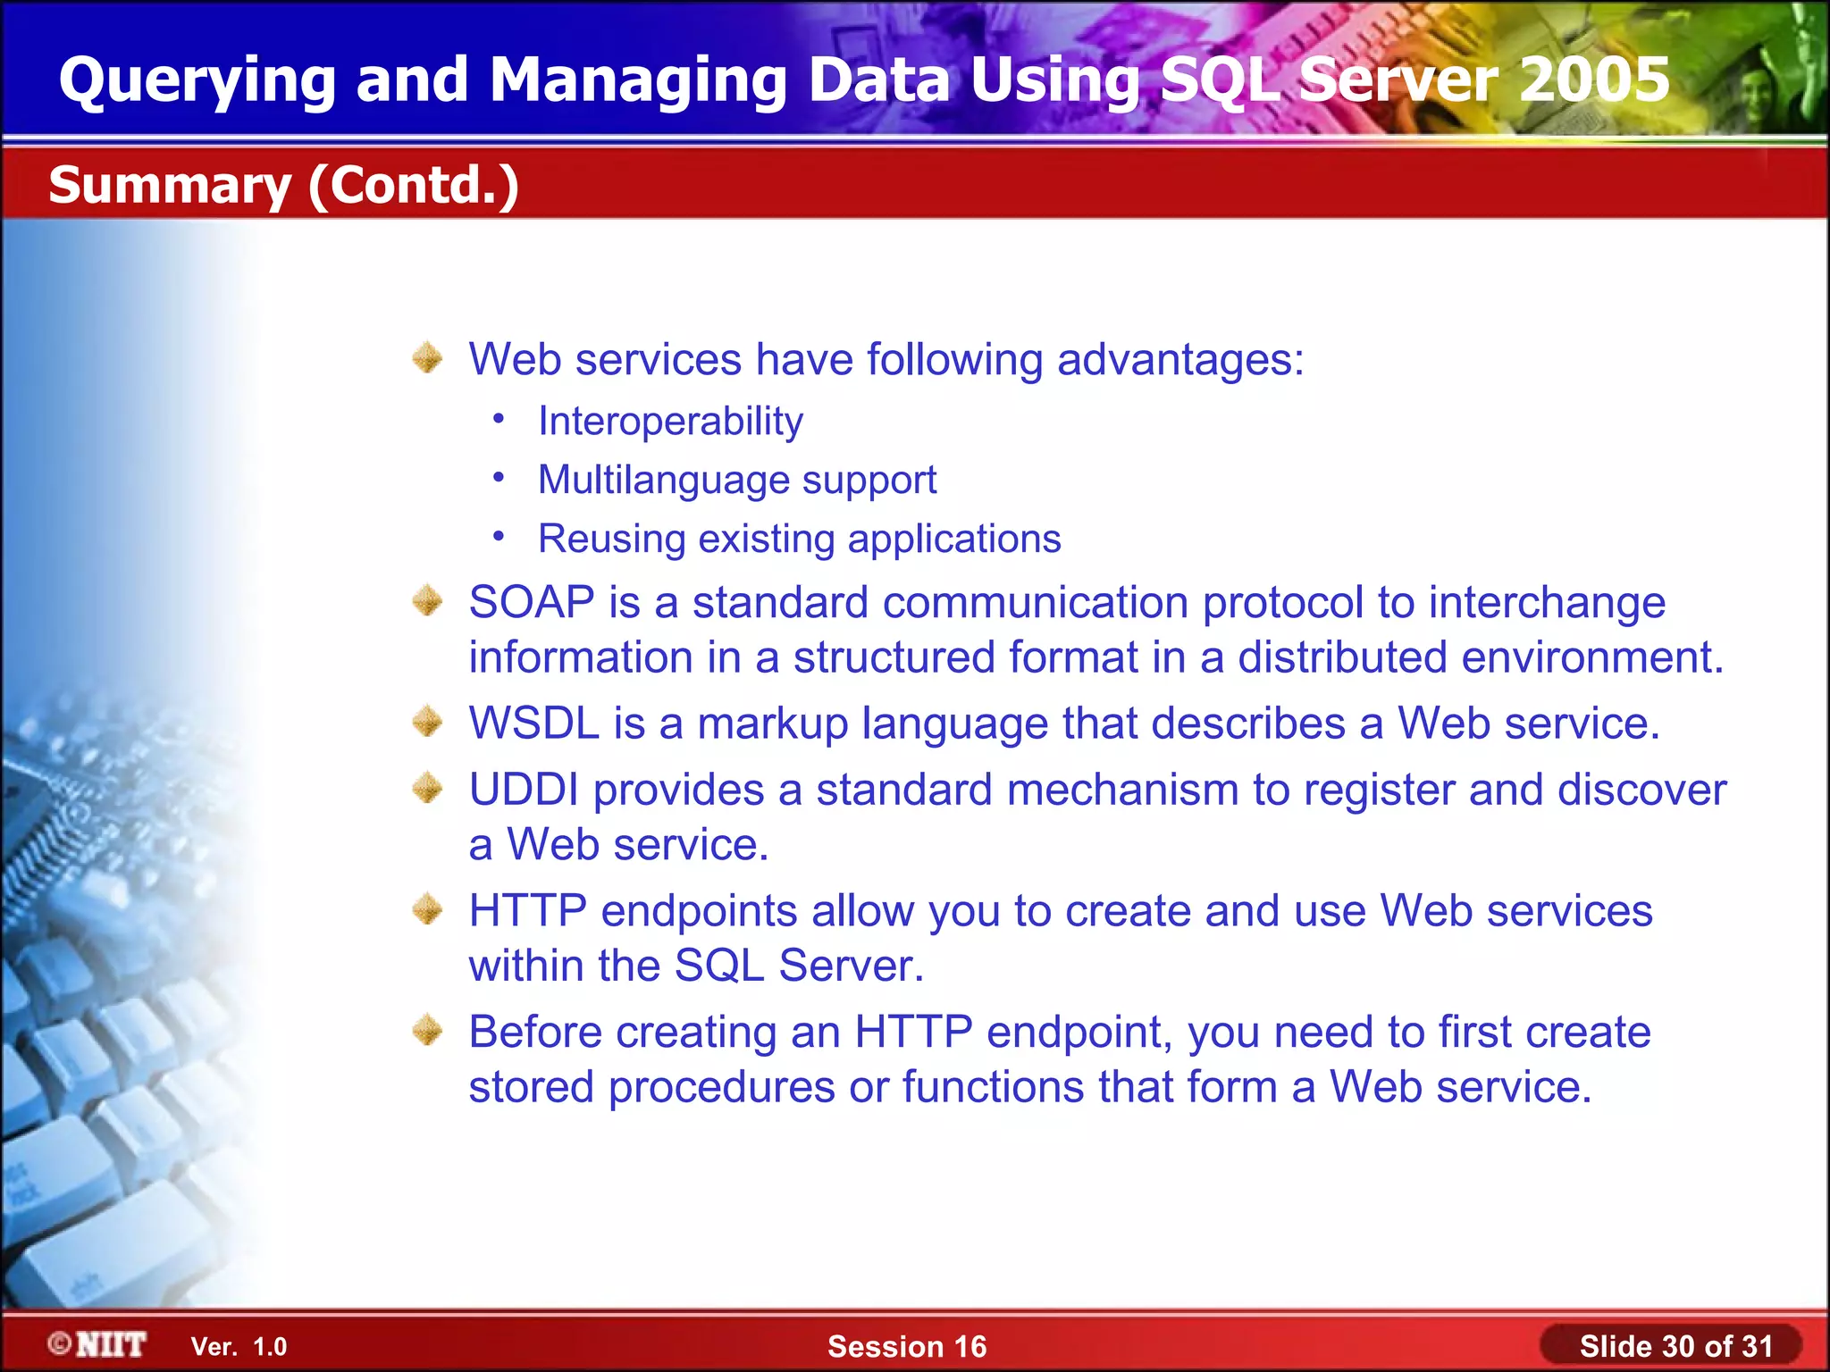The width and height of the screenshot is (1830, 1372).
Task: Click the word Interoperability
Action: pos(670,421)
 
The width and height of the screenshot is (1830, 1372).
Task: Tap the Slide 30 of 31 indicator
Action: pos(1675,1346)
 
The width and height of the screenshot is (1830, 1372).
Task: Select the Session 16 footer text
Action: pos(907,1346)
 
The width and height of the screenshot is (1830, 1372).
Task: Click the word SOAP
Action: pos(532,602)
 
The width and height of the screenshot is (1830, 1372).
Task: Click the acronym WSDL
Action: pos(533,723)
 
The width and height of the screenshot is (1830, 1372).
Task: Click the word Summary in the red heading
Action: pos(170,185)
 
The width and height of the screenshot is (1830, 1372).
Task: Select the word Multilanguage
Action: pos(664,480)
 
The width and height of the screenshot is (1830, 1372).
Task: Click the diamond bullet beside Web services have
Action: pos(428,358)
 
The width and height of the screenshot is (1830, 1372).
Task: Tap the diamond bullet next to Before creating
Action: pos(428,1031)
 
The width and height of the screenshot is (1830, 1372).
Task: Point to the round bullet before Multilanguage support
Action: pos(499,478)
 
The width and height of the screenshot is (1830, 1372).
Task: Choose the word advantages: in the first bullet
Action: pos(1180,359)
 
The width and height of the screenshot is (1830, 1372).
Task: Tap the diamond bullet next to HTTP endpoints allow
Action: pos(428,910)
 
